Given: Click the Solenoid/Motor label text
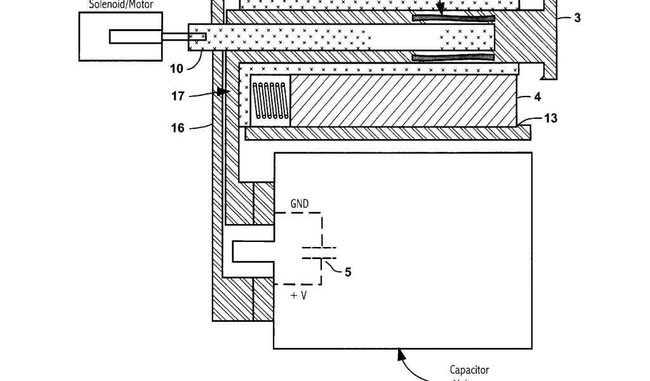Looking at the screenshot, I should [x=121, y=4].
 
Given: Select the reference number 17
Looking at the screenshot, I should [x=178, y=97].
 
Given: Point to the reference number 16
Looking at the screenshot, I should [x=178, y=128].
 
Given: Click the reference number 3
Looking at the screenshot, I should [x=577, y=18].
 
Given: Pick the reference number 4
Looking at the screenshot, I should [x=538, y=98].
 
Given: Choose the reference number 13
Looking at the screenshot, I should [x=550, y=118].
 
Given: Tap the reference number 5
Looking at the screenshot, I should [x=347, y=272].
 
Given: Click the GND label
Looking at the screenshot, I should [x=300, y=204].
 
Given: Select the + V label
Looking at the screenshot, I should [x=298, y=295].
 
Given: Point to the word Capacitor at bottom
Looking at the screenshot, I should [x=470, y=370].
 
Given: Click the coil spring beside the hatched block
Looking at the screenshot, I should [x=270, y=101].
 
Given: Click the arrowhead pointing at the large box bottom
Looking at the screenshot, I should [x=401, y=354].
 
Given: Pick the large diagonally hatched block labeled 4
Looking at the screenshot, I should [x=404, y=100].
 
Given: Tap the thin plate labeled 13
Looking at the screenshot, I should [x=387, y=132].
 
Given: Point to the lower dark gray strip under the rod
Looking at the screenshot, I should [x=453, y=58].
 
